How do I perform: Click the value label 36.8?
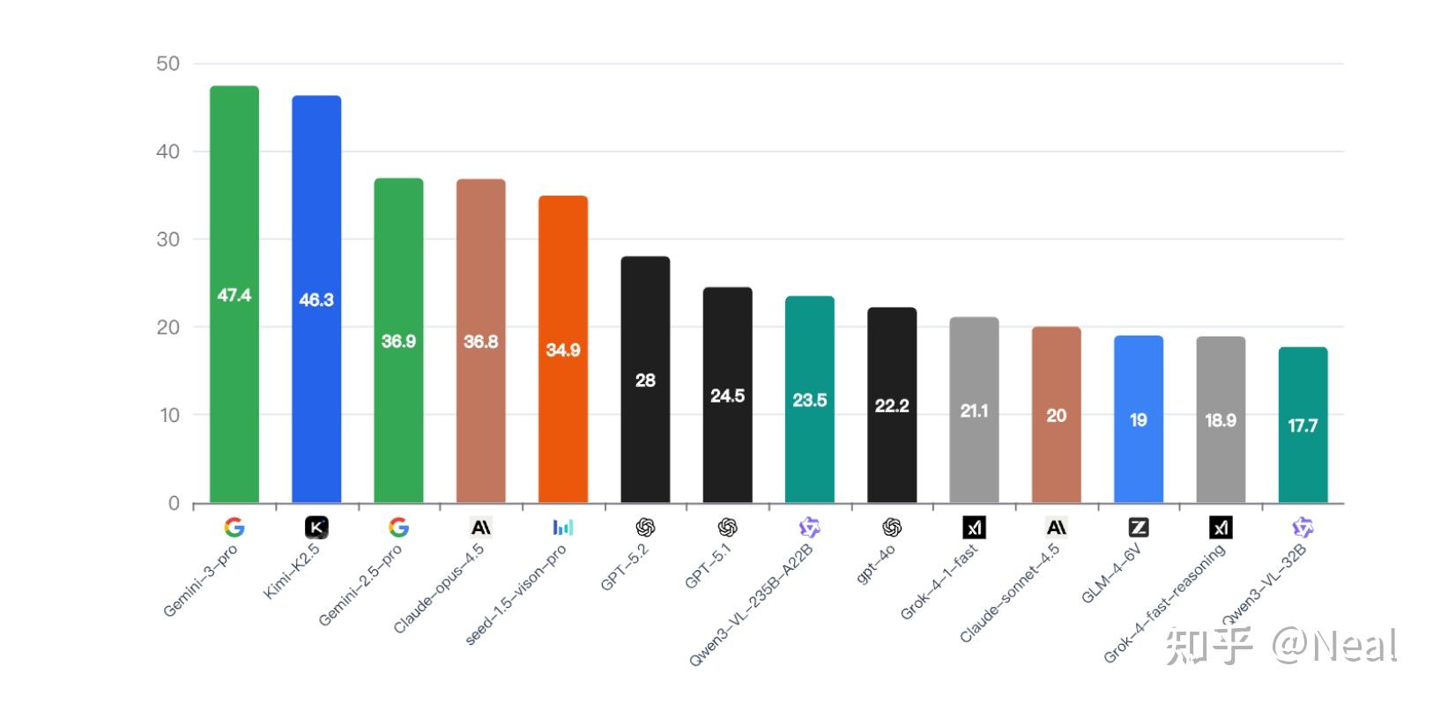click(480, 342)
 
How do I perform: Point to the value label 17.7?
click(1303, 426)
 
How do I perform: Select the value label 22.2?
click(891, 406)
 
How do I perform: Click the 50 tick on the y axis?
click(167, 63)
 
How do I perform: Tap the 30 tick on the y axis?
click(167, 240)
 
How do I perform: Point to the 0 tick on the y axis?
click(174, 504)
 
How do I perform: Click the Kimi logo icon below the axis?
click(316, 528)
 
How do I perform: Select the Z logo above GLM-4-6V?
click(1138, 528)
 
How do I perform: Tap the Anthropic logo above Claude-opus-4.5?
click(480, 528)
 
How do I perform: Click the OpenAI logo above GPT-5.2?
click(645, 528)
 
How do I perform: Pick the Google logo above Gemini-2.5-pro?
click(398, 528)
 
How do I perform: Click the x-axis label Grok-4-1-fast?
click(939, 581)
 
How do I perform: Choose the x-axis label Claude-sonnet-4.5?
click(1009, 593)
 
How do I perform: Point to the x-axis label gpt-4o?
click(876, 565)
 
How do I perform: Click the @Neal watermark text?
click(1333, 646)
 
